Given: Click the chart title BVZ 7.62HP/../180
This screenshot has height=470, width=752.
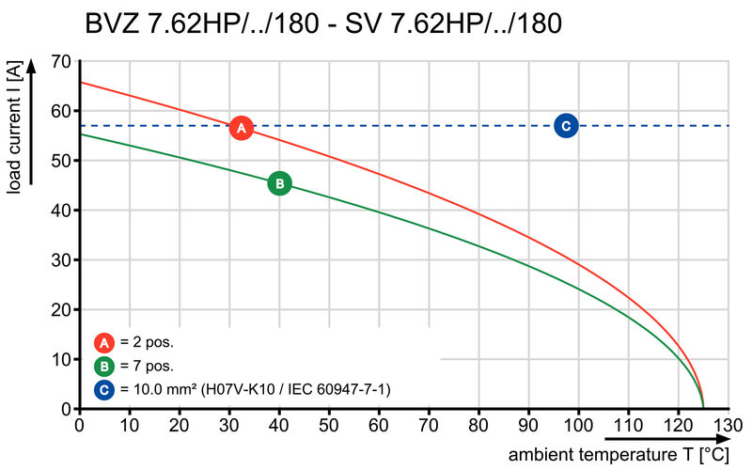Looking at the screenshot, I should pos(323,23).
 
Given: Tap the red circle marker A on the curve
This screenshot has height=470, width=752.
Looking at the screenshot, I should pos(241,128).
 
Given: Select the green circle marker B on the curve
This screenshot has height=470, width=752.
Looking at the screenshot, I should pos(279,183).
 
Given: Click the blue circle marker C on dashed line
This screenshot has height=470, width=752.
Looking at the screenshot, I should pos(565,125).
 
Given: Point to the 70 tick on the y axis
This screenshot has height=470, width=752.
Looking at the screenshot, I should pos(60,61).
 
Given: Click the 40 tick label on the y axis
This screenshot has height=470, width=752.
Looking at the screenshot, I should pos(60,211).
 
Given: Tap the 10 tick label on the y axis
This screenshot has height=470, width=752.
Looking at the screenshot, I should pos(60,359).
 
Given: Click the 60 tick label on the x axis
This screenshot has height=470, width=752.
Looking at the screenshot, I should pos(379,426).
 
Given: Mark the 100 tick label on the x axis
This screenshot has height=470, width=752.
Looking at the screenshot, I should pos(577,426).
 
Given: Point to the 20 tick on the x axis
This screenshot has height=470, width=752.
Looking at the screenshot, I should pos(179,426).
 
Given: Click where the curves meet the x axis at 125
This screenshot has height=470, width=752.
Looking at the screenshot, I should pos(703,408).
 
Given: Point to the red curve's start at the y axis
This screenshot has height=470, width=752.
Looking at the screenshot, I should pos(80,83).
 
